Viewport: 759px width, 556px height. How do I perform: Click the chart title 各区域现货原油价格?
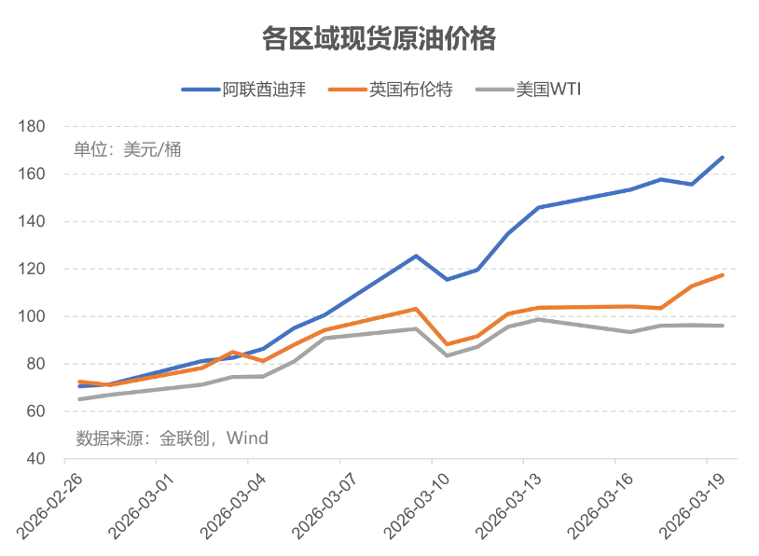pyautogui.click(x=379, y=39)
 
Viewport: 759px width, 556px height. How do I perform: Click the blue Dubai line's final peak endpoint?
pyautogui.click(x=723, y=158)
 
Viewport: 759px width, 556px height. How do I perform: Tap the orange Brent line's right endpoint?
pyautogui.click(x=723, y=275)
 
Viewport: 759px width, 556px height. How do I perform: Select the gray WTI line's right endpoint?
pyautogui.click(x=723, y=326)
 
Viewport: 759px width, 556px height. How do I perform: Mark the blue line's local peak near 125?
pyautogui.click(x=416, y=256)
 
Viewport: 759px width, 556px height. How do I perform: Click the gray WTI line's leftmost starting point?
pyautogui.click(x=80, y=399)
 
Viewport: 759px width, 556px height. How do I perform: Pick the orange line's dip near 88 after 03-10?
pyautogui.click(x=447, y=344)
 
